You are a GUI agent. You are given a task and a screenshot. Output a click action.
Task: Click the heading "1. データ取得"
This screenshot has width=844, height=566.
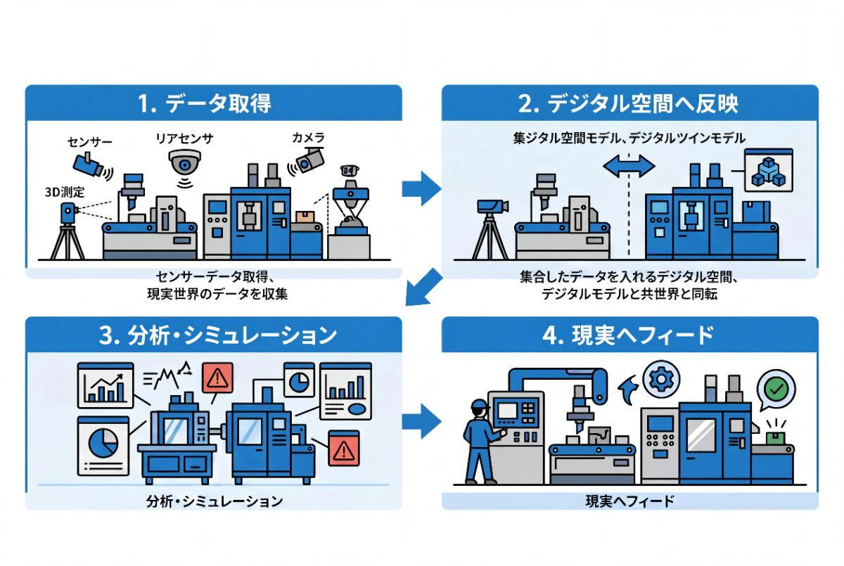(x=204, y=103)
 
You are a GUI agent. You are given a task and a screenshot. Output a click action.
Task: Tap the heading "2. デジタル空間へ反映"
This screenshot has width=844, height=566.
(x=628, y=103)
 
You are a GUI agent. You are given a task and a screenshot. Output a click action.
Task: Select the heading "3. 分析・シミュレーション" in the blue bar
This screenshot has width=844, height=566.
(x=217, y=335)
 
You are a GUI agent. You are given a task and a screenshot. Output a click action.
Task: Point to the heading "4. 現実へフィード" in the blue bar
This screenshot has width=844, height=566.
(x=628, y=335)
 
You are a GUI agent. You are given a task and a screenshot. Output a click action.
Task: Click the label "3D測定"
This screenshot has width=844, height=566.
(x=65, y=193)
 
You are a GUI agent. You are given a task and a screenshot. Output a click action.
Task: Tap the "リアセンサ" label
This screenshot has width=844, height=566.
(x=184, y=139)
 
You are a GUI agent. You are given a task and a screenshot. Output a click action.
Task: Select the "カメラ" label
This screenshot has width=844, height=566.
(x=308, y=137)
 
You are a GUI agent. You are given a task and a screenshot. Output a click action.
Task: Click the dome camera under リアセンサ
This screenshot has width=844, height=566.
(x=184, y=162)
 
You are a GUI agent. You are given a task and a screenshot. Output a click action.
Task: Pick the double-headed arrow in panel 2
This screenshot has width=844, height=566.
(x=629, y=166)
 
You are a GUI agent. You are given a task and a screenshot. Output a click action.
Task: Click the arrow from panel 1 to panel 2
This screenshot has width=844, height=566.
(x=421, y=188)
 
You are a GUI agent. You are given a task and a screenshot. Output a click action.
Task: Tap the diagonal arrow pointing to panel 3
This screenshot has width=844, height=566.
(x=424, y=287)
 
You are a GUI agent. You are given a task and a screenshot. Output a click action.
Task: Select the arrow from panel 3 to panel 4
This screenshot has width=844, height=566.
(x=421, y=421)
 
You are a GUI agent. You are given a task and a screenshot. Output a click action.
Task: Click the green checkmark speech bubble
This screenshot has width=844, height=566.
(x=776, y=390)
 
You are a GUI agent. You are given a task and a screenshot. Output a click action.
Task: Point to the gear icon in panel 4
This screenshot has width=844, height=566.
(x=661, y=379)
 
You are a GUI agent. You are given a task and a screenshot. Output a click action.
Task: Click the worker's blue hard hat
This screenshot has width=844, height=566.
(x=480, y=404)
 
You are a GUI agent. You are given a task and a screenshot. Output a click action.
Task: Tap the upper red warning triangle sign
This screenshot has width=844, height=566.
(x=217, y=378)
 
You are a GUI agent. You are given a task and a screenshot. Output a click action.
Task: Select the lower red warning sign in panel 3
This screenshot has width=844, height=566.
(x=344, y=449)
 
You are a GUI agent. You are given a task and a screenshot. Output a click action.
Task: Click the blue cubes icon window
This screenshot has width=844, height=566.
(x=769, y=170)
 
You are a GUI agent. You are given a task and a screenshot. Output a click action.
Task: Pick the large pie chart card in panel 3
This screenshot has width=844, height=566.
(x=103, y=446)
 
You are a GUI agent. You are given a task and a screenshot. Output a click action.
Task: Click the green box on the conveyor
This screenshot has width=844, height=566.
(x=775, y=438)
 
